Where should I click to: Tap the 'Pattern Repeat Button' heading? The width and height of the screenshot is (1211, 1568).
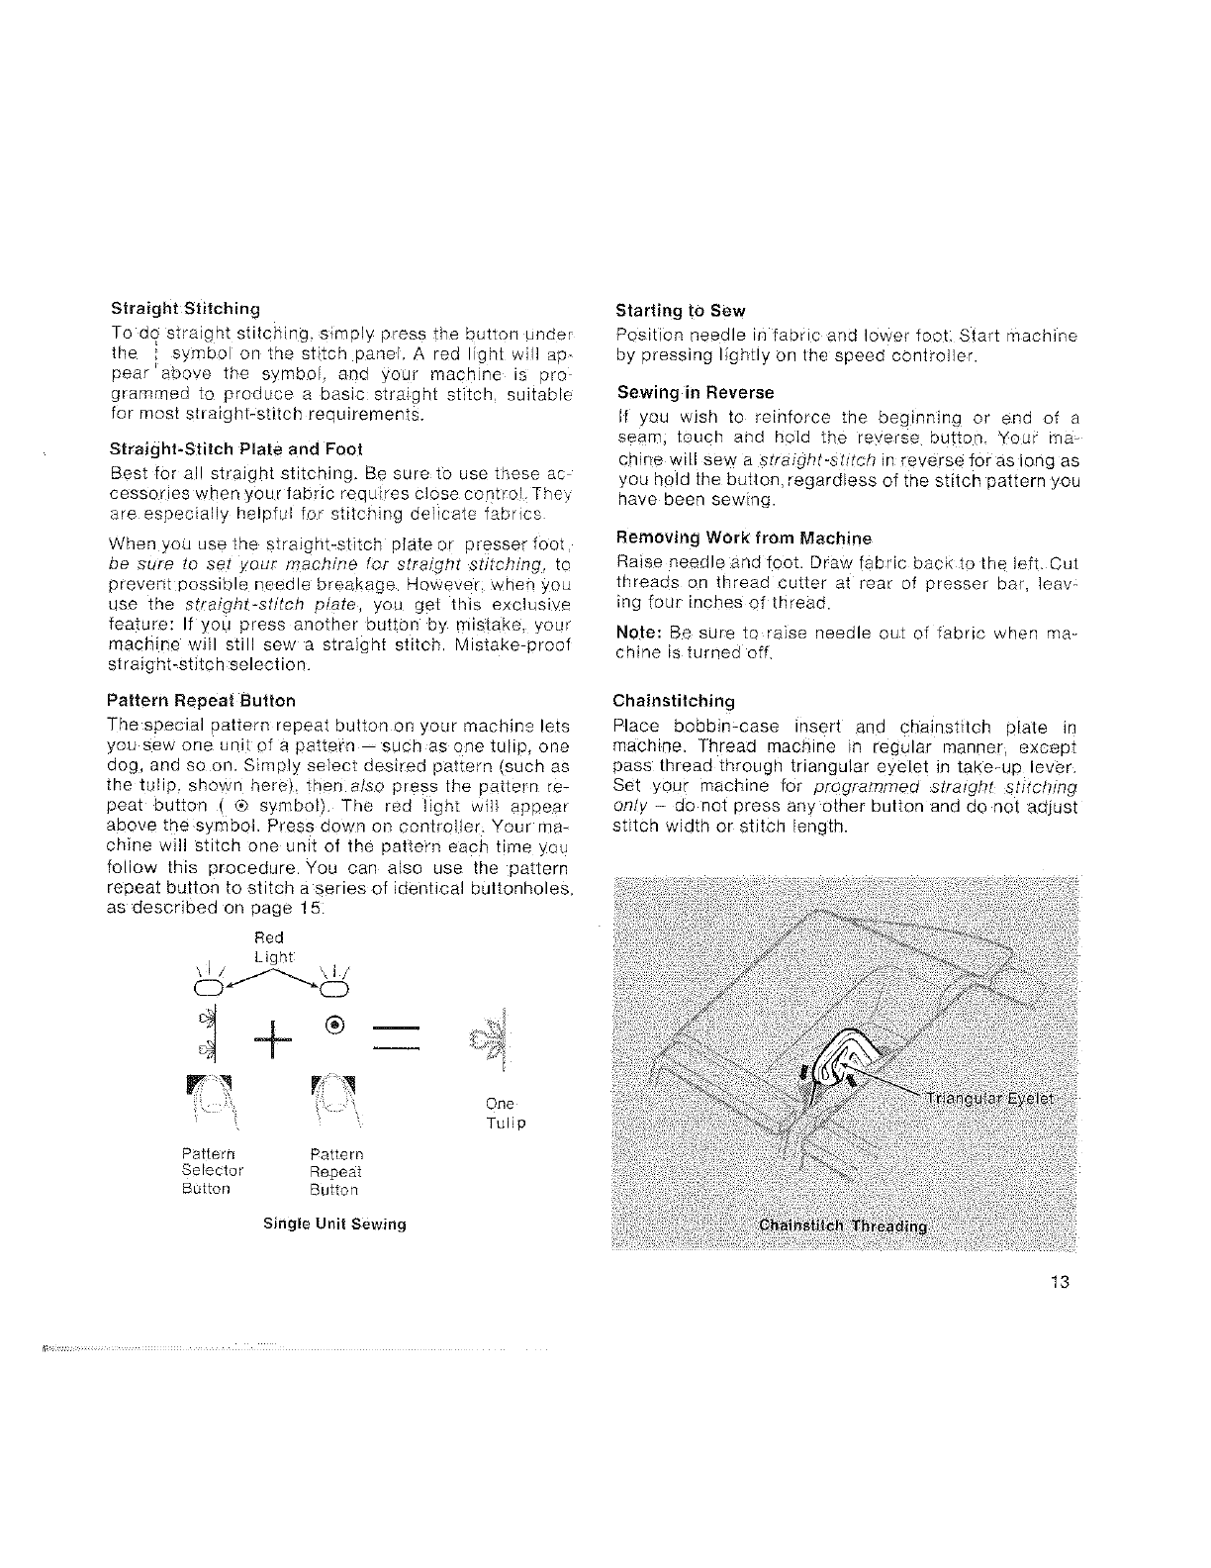coord(200,700)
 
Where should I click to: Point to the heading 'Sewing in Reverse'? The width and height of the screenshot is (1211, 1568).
coord(695,393)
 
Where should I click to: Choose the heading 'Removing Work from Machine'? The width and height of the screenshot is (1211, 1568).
coord(743,539)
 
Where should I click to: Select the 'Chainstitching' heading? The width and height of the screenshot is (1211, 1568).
coord(675,701)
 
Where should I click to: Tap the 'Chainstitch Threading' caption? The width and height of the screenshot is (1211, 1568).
coord(842,1226)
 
